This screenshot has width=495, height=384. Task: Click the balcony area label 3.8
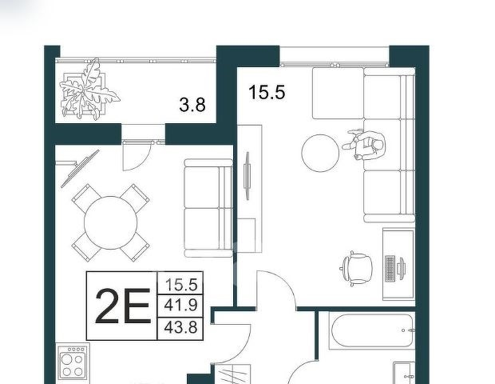(192, 105)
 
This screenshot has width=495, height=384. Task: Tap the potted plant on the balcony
(88, 90)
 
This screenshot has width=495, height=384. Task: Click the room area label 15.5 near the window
(267, 92)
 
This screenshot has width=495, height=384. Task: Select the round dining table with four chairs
(110, 222)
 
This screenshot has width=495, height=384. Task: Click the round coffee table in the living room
(320, 154)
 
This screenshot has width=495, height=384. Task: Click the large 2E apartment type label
(122, 306)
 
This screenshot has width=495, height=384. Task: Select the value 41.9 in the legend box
(181, 306)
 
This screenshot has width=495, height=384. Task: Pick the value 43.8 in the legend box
(181, 327)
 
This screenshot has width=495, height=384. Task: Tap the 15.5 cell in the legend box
(181, 284)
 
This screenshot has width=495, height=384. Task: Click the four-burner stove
(73, 362)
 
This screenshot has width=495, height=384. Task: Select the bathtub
(372, 330)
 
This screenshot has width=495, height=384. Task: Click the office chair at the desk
(357, 269)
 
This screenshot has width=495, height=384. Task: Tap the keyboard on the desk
(390, 268)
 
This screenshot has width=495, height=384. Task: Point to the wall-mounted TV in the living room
(247, 176)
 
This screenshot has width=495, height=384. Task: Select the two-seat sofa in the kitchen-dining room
(208, 208)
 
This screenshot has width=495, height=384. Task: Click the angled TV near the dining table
(80, 169)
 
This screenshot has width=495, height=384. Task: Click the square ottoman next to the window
(338, 94)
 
